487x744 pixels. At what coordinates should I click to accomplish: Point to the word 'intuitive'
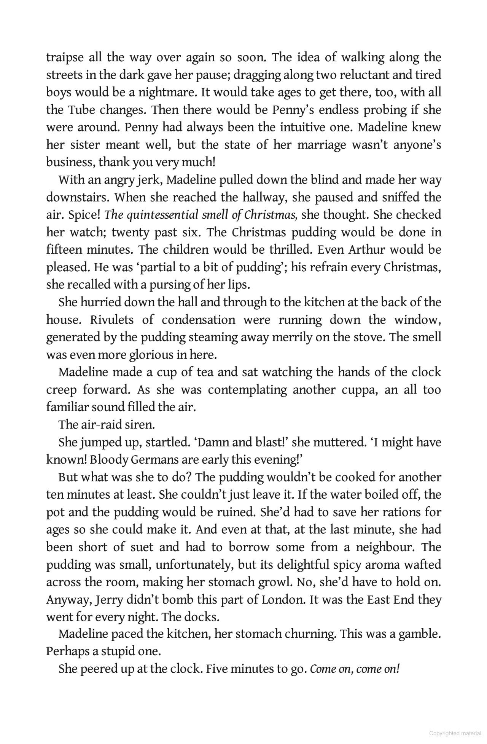click(302, 127)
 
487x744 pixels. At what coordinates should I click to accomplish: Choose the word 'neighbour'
click(383, 547)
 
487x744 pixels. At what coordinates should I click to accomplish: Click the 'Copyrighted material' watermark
click(455, 733)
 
